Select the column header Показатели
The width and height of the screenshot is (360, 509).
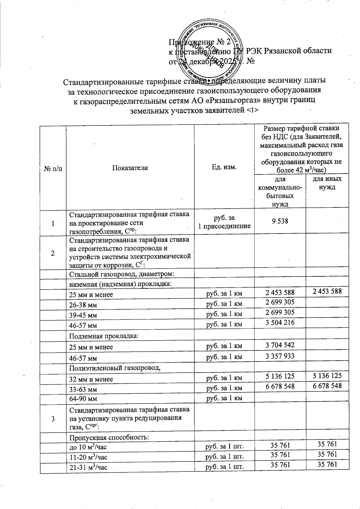130,168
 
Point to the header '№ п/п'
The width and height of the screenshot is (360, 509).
53,168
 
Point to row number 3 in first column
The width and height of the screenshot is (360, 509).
53,419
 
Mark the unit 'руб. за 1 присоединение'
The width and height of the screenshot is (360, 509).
224,222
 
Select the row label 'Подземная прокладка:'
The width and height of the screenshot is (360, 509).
104,336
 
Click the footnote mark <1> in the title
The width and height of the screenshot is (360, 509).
252,110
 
